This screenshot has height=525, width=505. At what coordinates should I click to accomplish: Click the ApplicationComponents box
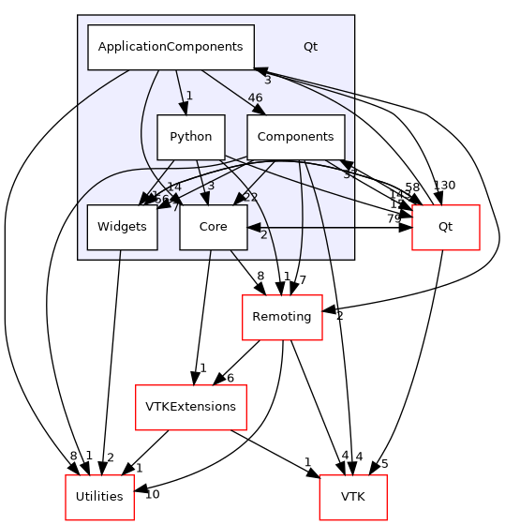pos(171,47)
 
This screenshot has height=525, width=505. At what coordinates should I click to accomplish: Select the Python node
pos(190,137)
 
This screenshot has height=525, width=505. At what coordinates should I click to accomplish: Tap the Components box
pos(295,137)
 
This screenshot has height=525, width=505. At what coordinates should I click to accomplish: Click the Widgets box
pos(122,227)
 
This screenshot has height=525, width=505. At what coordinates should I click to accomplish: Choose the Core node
pos(213,227)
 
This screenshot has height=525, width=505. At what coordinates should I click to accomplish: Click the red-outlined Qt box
pos(446,227)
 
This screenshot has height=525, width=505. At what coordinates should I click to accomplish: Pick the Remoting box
pos(282,317)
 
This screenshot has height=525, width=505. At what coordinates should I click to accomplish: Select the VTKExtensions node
pos(190,407)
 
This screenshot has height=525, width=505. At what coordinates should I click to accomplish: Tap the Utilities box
pos(98,496)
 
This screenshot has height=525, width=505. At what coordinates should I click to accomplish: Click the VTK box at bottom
pos(353,496)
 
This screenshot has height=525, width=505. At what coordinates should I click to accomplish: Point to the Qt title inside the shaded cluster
pos(310,46)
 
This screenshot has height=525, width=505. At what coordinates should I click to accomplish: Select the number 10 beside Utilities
pos(153,494)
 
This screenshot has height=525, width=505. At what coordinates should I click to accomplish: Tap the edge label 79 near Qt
pos(394,218)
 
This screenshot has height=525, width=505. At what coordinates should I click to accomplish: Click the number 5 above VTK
pos(383,464)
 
